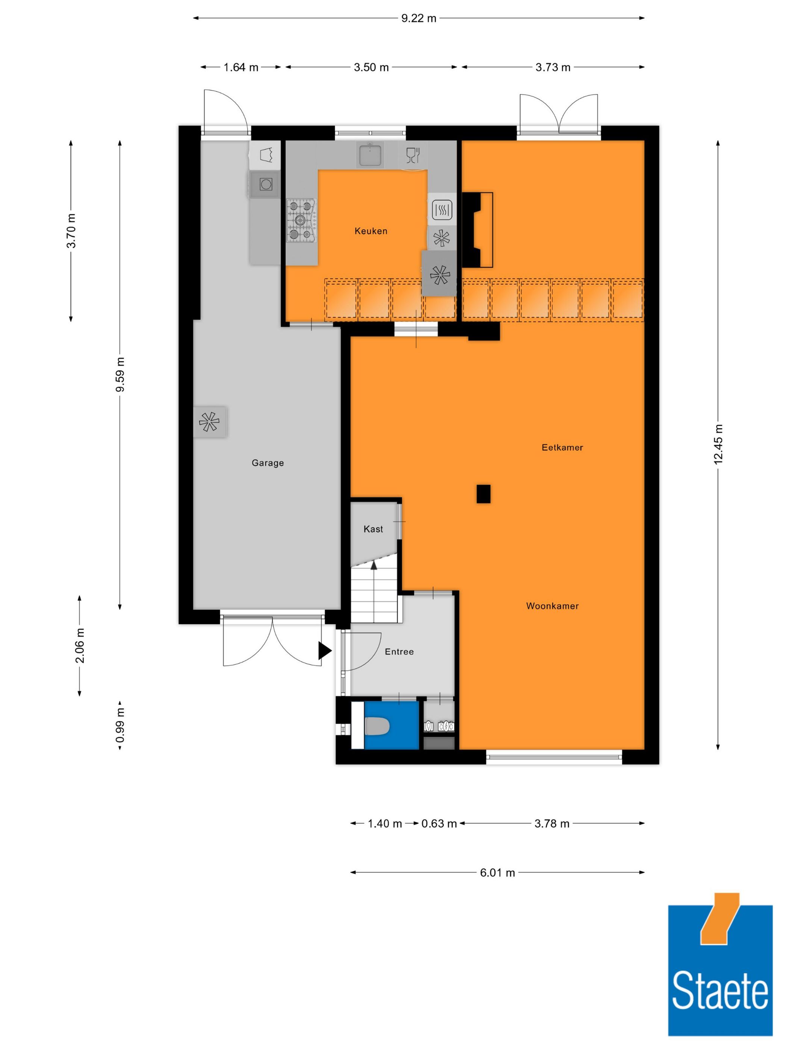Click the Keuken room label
tap(370, 231)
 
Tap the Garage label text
tap(267, 463)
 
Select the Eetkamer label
tap(562, 447)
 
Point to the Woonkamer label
tap(552, 606)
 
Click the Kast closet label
tap(373, 529)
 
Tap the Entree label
tap(399, 651)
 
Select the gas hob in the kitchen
tap(301, 220)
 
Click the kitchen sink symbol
tap(370, 155)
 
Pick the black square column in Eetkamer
tap(483, 494)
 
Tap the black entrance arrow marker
tap(324, 651)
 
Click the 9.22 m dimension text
tap(418, 18)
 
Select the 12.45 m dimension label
tap(718, 444)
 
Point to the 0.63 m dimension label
tap(438, 823)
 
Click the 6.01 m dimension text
tap(497, 873)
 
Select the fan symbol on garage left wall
tap(210, 422)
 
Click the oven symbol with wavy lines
tap(442, 209)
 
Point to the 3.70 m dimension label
tap(71, 231)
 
